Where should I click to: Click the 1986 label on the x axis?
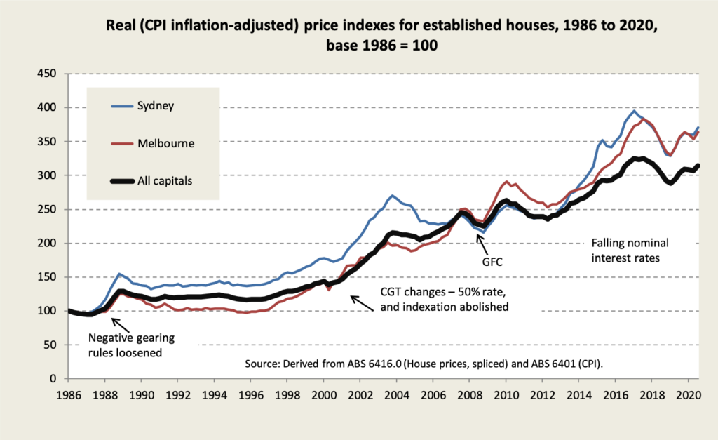point(69,394)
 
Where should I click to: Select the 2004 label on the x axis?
point(396,394)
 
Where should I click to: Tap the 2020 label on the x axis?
point(687,394)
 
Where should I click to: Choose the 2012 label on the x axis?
point(542,394)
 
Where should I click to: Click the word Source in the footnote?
point(262,365)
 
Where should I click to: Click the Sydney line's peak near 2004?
point(393,196)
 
